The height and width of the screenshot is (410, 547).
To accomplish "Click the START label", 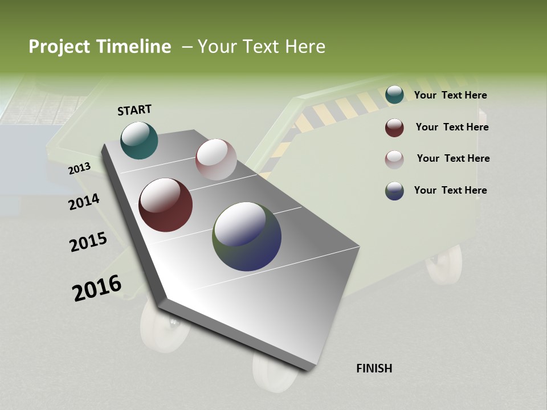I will pyautogui.click(x=134, y=110).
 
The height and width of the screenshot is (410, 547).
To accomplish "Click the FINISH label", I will pyautogui.click(x=374, y=368).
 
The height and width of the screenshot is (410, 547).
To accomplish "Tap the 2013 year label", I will pyautogui.click(x=80, y=168).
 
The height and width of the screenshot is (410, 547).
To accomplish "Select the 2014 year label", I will pyautogui.click(x=84, y=202).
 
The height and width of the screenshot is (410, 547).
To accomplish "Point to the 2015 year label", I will pyautogui.click(x=88, y=242).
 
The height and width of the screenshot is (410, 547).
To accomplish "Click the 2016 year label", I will pyautogui.click(x=97, y=288).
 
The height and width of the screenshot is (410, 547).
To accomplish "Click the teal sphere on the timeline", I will pyautogui.click(x=139, y=140).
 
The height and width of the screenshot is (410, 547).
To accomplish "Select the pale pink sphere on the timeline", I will pyautogui.click(x=216, y=159).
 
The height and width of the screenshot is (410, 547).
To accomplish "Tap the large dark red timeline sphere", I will pyautogui.click(x=165, y=205).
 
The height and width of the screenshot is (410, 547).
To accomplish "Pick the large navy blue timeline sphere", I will pyautogui.click(x=247, y=236).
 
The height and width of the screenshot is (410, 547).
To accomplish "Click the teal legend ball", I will pyautogui.click(x=394, y=95).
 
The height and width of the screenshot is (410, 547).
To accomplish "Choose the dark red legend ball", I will pyautogui.click(x=394, y=128).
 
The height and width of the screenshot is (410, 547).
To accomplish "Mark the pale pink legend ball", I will pyautogui.click(x=394, y=159).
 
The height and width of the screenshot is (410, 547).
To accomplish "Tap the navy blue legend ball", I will pyautogui.click(x=394, y=191).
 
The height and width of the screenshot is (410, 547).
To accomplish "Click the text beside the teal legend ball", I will pyautogui.click(x=450, y=96).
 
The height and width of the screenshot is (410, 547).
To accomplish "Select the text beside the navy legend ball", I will pyautogui.click(x=450, y=190).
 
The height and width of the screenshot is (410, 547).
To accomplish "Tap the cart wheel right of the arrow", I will pyautogui.click(x=444, y=265).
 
